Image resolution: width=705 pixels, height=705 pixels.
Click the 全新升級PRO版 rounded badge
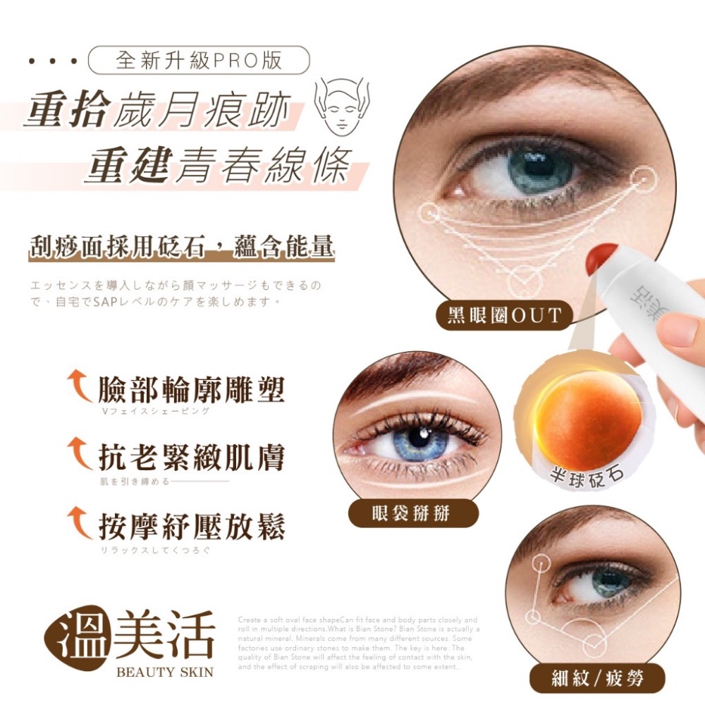tap(199, 60)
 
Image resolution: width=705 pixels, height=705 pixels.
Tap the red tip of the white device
tap(601, 260)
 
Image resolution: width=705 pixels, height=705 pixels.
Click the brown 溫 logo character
tap(76, 636)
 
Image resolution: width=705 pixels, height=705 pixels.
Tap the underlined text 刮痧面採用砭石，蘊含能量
tap(181, 247)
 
